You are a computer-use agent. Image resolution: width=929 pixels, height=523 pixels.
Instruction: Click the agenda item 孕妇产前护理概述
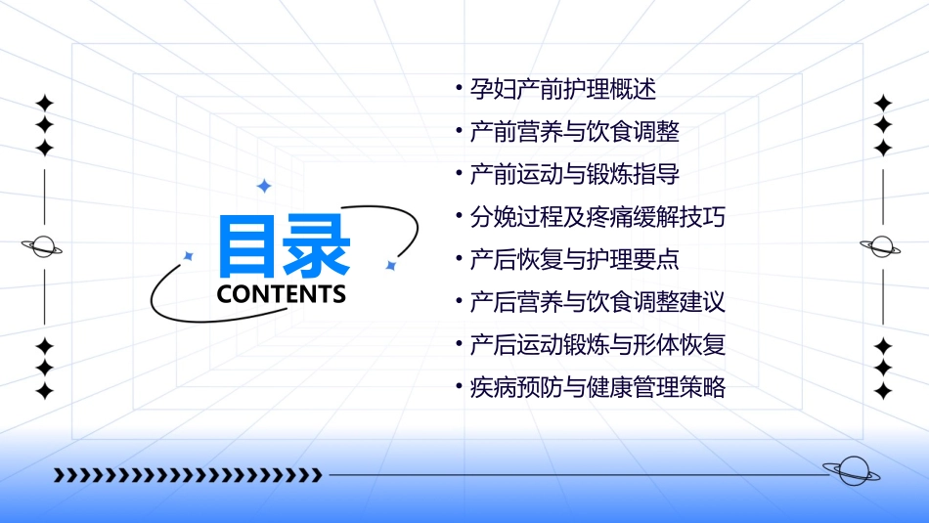coord(562,90)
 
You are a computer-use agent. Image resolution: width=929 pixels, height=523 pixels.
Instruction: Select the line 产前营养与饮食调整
coord(574,132)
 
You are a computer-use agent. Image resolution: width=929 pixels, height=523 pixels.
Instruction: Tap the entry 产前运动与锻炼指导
coord(574,175)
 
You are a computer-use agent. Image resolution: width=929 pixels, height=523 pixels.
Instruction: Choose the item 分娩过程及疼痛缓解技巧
coord(597,217)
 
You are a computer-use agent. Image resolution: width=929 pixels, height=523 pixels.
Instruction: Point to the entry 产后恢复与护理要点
coord(574,260)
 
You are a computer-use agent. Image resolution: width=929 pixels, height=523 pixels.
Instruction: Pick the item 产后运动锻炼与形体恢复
coord(597,345)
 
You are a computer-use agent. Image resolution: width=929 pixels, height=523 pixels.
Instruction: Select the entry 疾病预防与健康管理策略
coord(597,387)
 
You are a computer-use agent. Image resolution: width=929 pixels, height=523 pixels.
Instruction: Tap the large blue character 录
coord(315,246)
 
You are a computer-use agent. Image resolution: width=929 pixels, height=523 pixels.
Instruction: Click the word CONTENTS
coord(282,294)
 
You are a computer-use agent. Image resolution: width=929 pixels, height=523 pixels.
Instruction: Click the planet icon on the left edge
coord(43,246)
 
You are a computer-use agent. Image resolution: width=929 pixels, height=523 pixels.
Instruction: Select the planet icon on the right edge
coord(882,246)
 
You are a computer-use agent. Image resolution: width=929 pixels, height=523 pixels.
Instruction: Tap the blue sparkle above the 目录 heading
coord(262,186)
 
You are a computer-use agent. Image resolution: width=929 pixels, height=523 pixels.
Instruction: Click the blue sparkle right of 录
coord(390,265)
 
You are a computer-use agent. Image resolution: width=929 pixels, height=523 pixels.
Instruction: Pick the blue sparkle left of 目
coord(189,256)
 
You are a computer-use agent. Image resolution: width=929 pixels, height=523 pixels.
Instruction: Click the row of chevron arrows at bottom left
coord(188,475)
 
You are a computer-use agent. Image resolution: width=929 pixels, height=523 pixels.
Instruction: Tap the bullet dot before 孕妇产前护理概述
coord(460,90)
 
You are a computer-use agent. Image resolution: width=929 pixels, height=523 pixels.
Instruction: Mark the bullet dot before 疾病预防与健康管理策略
coord(460,387)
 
